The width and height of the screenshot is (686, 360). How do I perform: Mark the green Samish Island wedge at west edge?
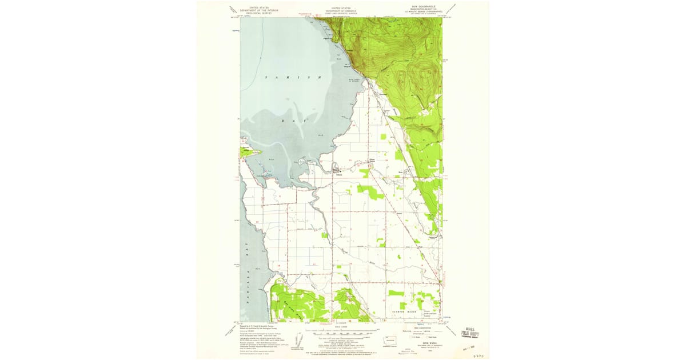point(250,152)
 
